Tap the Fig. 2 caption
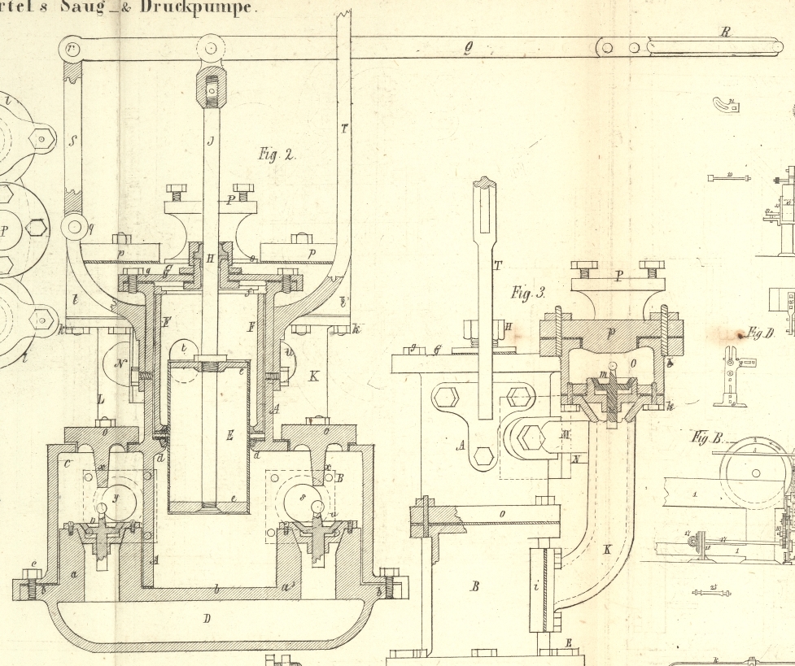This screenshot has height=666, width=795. [277, 155]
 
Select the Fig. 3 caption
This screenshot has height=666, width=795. [528, 293]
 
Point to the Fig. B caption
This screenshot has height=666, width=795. [706, 437]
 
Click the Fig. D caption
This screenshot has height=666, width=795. [758, 333]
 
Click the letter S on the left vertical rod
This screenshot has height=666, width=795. [73, 141]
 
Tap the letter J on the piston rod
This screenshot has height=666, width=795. [210, 141]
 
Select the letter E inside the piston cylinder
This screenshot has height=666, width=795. [230, 436]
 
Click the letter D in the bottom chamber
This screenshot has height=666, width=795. [207, 620]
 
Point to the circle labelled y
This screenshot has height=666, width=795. [116, 496]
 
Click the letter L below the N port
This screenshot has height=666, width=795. [101, 400]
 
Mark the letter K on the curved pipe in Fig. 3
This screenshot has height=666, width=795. [606, 550]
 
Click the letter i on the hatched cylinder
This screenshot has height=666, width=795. [535, 584]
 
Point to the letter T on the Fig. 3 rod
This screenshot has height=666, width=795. [497, 265]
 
